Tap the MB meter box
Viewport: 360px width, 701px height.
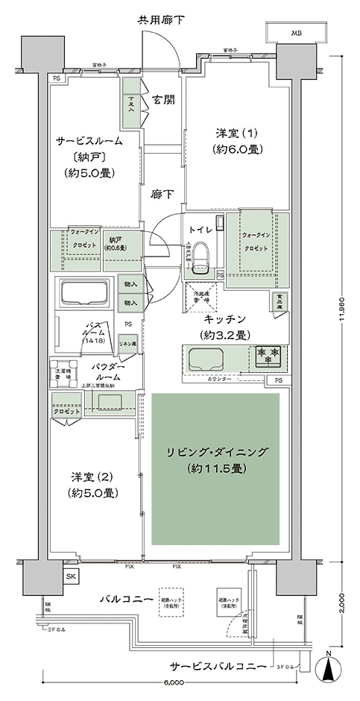pyautogui.click(x=297, y=34)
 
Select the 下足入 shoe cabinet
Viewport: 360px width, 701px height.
pyautogui.click(x=132, y=104)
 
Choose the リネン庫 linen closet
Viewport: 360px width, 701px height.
pyautogui.click(x=127, y=344)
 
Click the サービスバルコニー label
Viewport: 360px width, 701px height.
pyautogui.click(x=215, y=666)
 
